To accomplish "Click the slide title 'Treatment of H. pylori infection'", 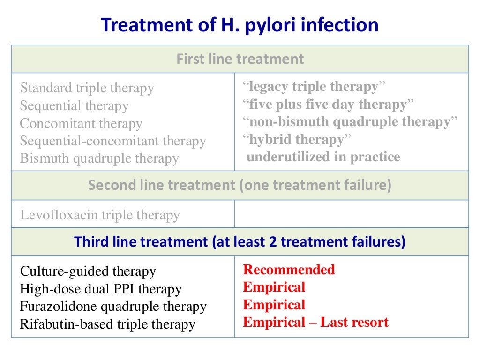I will coord(240,24).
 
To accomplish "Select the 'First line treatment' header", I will coord(240,59).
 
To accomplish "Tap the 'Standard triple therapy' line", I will coord(87,88).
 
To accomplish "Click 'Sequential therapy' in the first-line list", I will coord(74,106).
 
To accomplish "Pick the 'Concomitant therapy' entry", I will coord(81,124).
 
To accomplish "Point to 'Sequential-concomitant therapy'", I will coord(113,141).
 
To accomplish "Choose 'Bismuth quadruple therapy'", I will coord(99,158).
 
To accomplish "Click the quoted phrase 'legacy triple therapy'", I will coord(314,87).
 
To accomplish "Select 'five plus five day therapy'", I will coord(329,104).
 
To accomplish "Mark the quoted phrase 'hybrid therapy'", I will coord(297,139).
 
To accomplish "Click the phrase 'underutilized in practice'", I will coord(323,157).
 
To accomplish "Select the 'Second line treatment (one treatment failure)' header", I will coord(240,185).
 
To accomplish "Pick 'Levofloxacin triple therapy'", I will coord(100,215).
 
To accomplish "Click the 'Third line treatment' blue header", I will coord(240,242).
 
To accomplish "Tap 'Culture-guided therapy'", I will coord(88,271).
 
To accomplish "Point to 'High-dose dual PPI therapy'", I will coord(100,289).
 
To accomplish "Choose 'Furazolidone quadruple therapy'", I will coord(113,307).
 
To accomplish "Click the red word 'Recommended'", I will coord(289,270).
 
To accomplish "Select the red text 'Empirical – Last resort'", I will coord(315,322).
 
